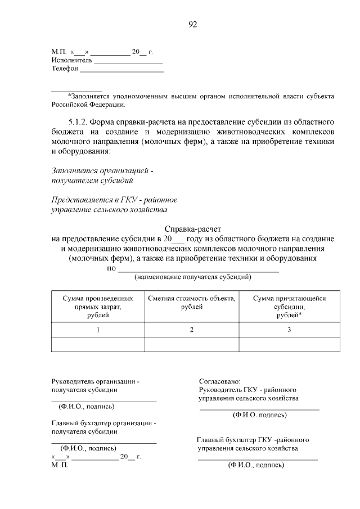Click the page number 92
point(192,24)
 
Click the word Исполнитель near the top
point(72,61)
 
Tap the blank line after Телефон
point(121,71)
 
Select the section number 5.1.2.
point(78,122)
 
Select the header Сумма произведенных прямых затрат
point(98,307)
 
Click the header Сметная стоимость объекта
point(192,303)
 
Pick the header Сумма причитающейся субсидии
point(289,307)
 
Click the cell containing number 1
point(98,330)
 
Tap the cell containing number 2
point(192,330)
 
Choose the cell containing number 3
point(289,330)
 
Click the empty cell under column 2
point(192,344)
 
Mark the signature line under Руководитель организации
point(103,400)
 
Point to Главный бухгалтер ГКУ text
point(253,440)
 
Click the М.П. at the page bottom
point(59,466)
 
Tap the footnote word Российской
point(70,104)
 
